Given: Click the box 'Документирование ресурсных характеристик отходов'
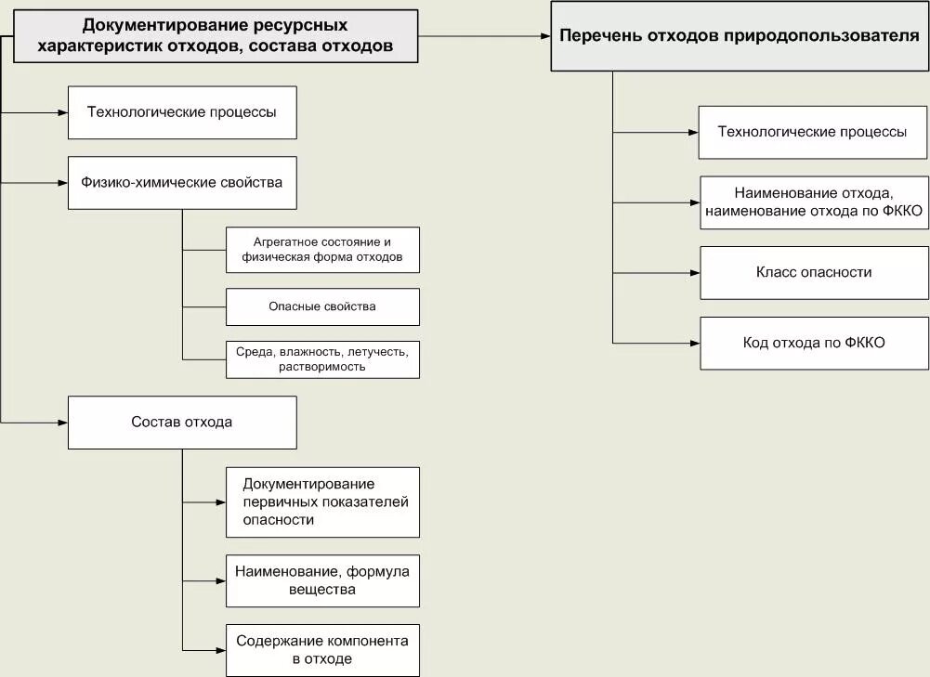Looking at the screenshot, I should click(215, 36).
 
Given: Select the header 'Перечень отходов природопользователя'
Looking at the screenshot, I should click(740, 36).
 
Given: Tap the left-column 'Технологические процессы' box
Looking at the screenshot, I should click(182, 112).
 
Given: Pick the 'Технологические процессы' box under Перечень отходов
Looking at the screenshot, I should click(813, 132).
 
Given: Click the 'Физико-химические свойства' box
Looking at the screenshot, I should click(182, 183).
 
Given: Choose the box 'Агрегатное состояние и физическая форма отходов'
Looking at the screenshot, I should click(322, 250).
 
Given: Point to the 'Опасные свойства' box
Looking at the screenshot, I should click(322, 306).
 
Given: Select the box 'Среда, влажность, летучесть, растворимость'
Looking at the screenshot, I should click(322, 359).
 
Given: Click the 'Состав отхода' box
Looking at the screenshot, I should click(182, 423).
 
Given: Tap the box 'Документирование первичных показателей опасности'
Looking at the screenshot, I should click(322, 502).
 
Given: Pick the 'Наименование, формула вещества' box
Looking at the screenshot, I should click(322, 580).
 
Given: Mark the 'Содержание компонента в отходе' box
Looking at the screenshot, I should click(322, 650).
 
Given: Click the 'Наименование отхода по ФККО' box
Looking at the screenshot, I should click(814, 202).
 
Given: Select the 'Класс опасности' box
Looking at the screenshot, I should click(814, 273).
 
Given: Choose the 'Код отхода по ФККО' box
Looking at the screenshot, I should click(814, 343).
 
